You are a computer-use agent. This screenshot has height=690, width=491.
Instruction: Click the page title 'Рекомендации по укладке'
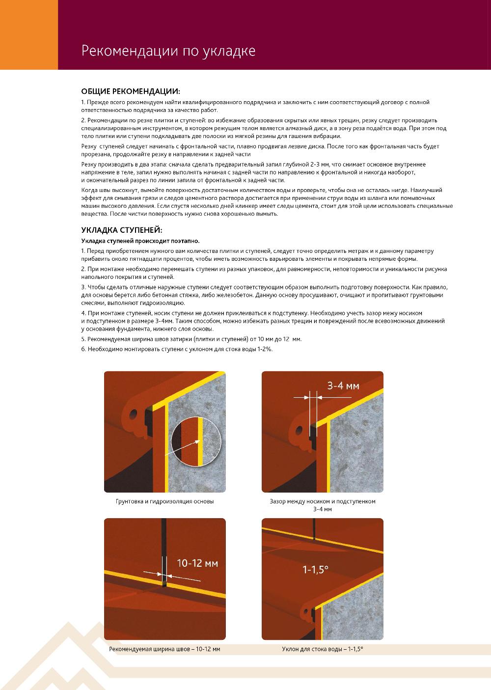(168, 51)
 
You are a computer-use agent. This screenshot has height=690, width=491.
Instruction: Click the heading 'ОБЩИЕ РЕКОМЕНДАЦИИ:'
(131, 91)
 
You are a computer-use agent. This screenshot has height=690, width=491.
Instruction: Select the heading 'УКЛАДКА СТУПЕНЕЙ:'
(121, 230)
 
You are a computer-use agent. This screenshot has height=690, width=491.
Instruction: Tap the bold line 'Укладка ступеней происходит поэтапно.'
(140, 241)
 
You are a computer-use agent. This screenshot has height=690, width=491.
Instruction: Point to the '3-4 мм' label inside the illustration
(343, 386)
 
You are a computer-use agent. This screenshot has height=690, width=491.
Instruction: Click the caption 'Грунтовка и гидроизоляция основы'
(164, 502)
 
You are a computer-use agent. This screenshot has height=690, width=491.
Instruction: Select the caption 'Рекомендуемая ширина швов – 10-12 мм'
(164, 649)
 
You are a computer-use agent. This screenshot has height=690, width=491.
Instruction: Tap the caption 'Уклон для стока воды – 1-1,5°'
(322, 649)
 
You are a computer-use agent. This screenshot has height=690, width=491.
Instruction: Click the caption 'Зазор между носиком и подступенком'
(323, 502)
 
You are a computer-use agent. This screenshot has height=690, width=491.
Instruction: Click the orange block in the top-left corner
(29, 34)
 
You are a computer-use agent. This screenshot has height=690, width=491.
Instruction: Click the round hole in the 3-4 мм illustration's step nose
(299, 432)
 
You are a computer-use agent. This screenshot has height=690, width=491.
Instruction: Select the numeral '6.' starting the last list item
(83, 349)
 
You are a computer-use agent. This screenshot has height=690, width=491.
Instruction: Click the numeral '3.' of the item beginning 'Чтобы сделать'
(83, 286)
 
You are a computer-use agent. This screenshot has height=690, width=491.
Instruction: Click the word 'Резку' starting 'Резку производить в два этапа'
(89, 164)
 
